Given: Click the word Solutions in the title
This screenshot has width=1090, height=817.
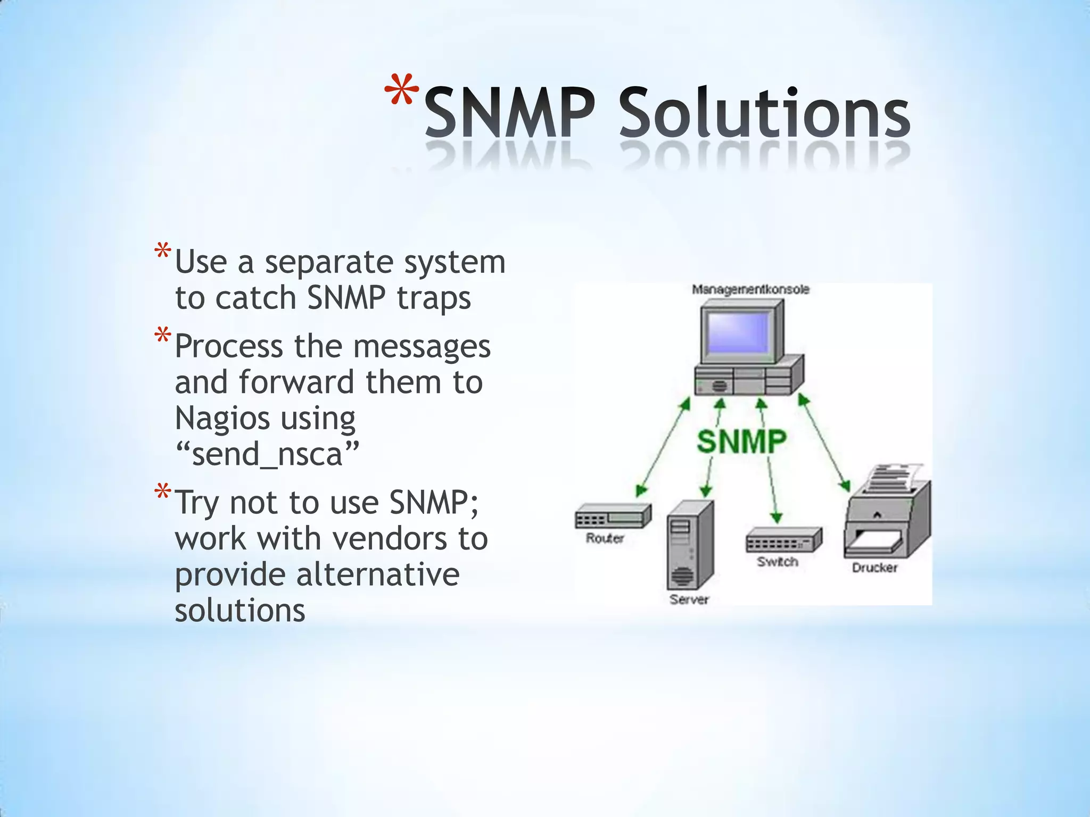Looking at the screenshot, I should (x=764, y=113).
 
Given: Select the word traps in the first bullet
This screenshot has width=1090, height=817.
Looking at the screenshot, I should (x=434, y=298).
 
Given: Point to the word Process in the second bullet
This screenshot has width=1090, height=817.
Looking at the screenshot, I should (x=229, y=347).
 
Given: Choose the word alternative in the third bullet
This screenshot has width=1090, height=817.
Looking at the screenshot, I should (x=377, y=574).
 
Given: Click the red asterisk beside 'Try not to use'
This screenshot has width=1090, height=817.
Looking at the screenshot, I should (x=163, y=493).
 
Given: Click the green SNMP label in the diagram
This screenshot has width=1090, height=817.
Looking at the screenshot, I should (x=741, y=441).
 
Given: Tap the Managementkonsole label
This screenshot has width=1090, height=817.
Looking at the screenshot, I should (x=750, y=290).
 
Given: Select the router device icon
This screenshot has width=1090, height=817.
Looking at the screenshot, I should (x=612, y=516).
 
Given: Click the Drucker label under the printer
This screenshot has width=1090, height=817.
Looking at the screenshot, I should (x=874, y=568).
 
